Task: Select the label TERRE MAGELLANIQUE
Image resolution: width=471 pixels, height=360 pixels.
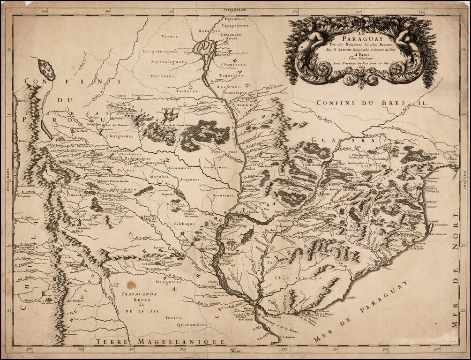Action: tap(161, 343)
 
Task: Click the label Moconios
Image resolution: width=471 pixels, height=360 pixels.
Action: tap(162, 75)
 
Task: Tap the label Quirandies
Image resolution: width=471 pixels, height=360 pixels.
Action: tap(192, 324)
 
